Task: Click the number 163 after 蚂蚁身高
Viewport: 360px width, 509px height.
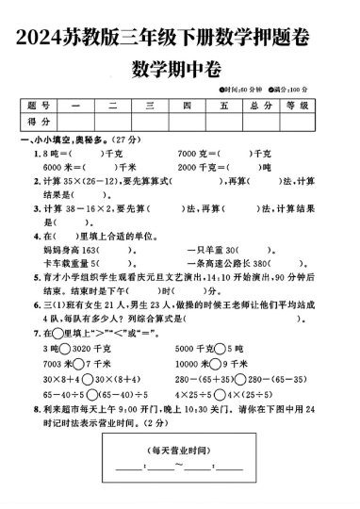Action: (90, 250)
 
